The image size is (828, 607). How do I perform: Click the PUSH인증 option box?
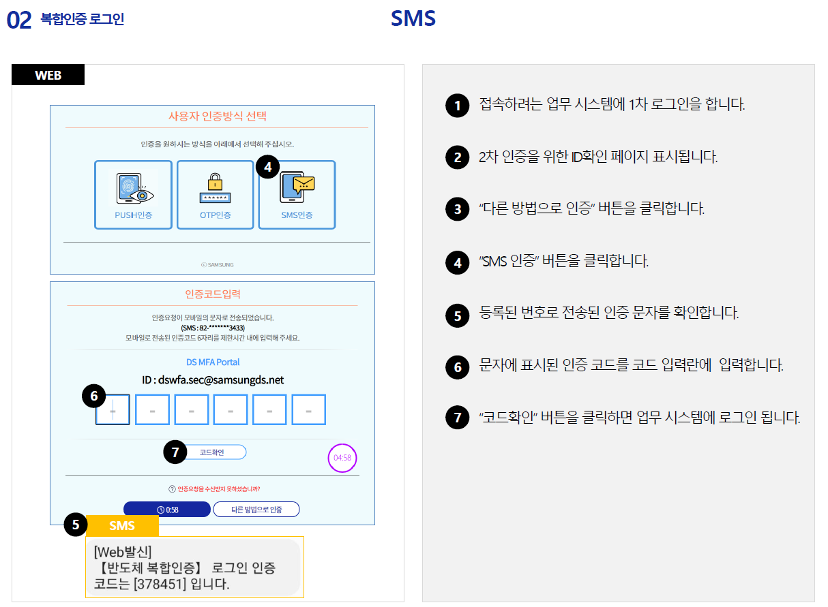click(x=134, y=195)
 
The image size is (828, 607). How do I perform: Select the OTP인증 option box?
click(x=216, y=195)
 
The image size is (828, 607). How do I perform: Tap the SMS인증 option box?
click(x=297, y=195)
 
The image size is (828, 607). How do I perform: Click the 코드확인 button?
click(x=216, y=452)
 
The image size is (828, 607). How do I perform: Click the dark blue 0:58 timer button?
click(x=167, y=510)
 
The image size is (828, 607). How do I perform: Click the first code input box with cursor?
click(x=113, y=410)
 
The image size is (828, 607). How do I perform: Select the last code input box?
click(x=309, y=410)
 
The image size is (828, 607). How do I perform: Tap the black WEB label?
click(x=48, y=75)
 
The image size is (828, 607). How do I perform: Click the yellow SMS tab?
click(x=122, y=526)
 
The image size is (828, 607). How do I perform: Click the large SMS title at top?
click(x=413, y=18)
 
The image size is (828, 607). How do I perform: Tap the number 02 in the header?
click(x=19, y=20)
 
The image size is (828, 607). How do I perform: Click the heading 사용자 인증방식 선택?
click(x=218, y=116)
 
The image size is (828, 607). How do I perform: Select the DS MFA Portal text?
click(x=213, y=362)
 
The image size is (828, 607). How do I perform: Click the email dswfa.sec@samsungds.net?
click(x=221, y=380)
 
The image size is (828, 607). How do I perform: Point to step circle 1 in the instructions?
click(x=458, y=106)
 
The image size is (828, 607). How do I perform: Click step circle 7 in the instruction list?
click(x=458, y=418)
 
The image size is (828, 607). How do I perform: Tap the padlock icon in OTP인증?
click(x=215, y=181)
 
